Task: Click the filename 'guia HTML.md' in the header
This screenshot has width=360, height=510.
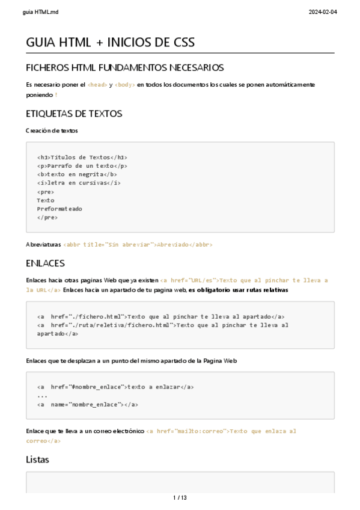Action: click(36, 12)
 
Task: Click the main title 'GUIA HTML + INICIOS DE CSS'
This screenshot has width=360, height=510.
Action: click(110, 43)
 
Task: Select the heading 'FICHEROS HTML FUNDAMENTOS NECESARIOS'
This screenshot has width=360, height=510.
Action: click(125, 67)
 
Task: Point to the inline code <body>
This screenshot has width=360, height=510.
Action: click(125, 85)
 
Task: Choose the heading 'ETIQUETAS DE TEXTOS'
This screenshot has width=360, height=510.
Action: click(74, 113)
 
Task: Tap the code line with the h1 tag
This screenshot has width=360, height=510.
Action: click(82, 157)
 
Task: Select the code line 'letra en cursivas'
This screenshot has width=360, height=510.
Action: click(79, 183)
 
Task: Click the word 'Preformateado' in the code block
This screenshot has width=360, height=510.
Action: click(59, 209)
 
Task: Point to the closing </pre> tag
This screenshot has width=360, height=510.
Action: click(47, 218)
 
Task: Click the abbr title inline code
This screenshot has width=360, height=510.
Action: click(138, 245)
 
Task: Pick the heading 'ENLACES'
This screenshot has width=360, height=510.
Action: click(45, 263)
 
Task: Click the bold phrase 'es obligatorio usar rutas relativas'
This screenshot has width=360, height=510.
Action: click(238, 290)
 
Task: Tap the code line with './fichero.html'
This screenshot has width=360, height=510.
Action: click(160, 316)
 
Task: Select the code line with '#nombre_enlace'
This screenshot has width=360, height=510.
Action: click(115, 387)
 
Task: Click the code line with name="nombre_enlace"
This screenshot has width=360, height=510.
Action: click(88, 404)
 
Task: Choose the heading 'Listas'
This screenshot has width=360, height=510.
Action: click(37, 459)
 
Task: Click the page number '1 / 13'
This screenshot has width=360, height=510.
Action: click(180, 498)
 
